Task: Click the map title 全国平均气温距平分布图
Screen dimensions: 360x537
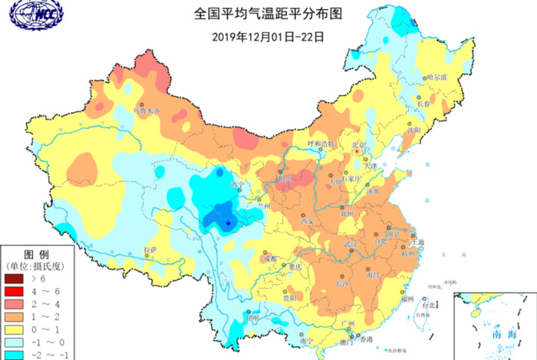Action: coord(267,14)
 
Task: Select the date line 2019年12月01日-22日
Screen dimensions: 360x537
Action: coord(267,35)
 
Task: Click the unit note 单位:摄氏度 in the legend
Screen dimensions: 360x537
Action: coord(38,266)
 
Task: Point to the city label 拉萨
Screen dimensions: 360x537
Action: coord(151,250)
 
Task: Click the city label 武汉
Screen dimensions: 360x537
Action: coord(351,244)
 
